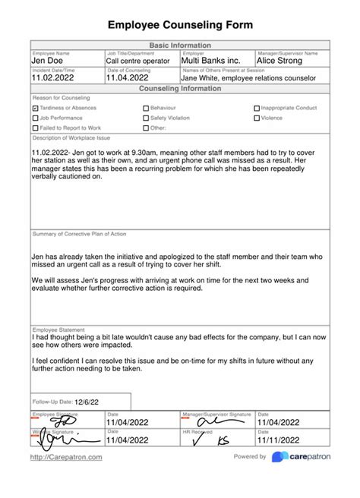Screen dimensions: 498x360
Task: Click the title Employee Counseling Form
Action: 180,25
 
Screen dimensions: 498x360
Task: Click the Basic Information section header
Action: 180,46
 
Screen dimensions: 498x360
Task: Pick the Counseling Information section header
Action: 180,89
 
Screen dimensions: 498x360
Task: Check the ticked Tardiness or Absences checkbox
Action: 36,109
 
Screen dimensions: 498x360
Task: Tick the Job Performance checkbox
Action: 36,118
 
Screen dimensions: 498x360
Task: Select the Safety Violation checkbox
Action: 146,118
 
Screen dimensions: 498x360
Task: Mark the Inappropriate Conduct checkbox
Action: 257,109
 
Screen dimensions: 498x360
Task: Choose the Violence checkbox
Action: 257,118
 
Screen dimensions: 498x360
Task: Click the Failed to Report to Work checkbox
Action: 36,128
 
